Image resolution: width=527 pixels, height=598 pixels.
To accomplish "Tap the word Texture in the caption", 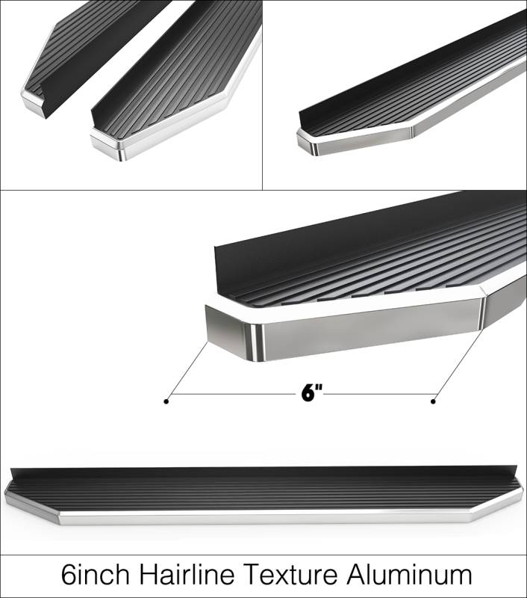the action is click(290, 576).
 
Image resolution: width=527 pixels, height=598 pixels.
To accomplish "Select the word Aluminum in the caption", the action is click(409, 576).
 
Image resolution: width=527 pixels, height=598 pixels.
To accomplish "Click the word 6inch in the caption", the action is click(96, 576).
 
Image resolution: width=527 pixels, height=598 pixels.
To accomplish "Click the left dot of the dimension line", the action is click(166, 401).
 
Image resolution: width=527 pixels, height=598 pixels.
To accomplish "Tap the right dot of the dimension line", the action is click(433, 401).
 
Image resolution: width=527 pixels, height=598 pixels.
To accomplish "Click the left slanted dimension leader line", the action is click(187, 372).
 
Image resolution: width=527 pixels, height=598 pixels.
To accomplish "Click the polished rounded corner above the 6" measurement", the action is click(257, 342).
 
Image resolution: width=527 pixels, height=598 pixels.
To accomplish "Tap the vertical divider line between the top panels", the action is click(262, 95).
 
